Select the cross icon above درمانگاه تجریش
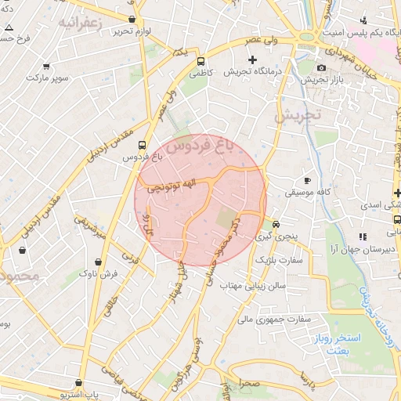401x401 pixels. click(252, 60)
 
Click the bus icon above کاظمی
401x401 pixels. click(201, 61)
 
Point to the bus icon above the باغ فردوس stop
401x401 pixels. click(142, 145)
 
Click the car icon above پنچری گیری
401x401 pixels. click(275, 222)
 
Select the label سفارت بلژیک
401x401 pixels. click(283, 258)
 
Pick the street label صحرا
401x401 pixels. click(250, 385)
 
